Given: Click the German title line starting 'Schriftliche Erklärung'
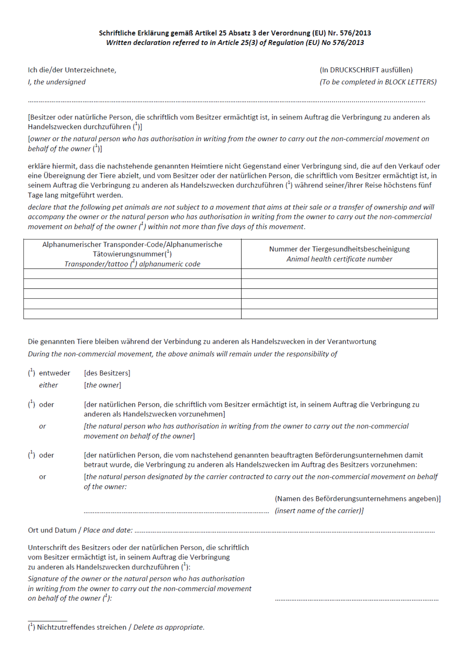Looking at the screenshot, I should (235, 33).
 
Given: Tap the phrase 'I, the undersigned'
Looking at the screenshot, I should (57, 82).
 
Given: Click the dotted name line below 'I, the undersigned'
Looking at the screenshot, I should (227, 101).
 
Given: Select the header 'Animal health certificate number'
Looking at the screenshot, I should (339, 259).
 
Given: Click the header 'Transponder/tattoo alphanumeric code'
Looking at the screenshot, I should (132, 264).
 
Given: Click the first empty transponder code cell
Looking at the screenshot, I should (132, 274).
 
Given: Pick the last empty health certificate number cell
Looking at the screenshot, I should (339, 314).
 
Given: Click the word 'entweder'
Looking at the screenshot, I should (54, 373).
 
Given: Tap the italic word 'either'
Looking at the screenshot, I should (48, 385).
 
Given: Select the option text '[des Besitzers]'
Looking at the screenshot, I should (107, 373).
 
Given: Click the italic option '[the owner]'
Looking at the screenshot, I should (102, 385).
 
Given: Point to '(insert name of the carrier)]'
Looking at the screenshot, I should (319, 511).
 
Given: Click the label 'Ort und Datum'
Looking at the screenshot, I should (52, 530).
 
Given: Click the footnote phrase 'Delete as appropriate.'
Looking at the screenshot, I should (169, 627).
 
